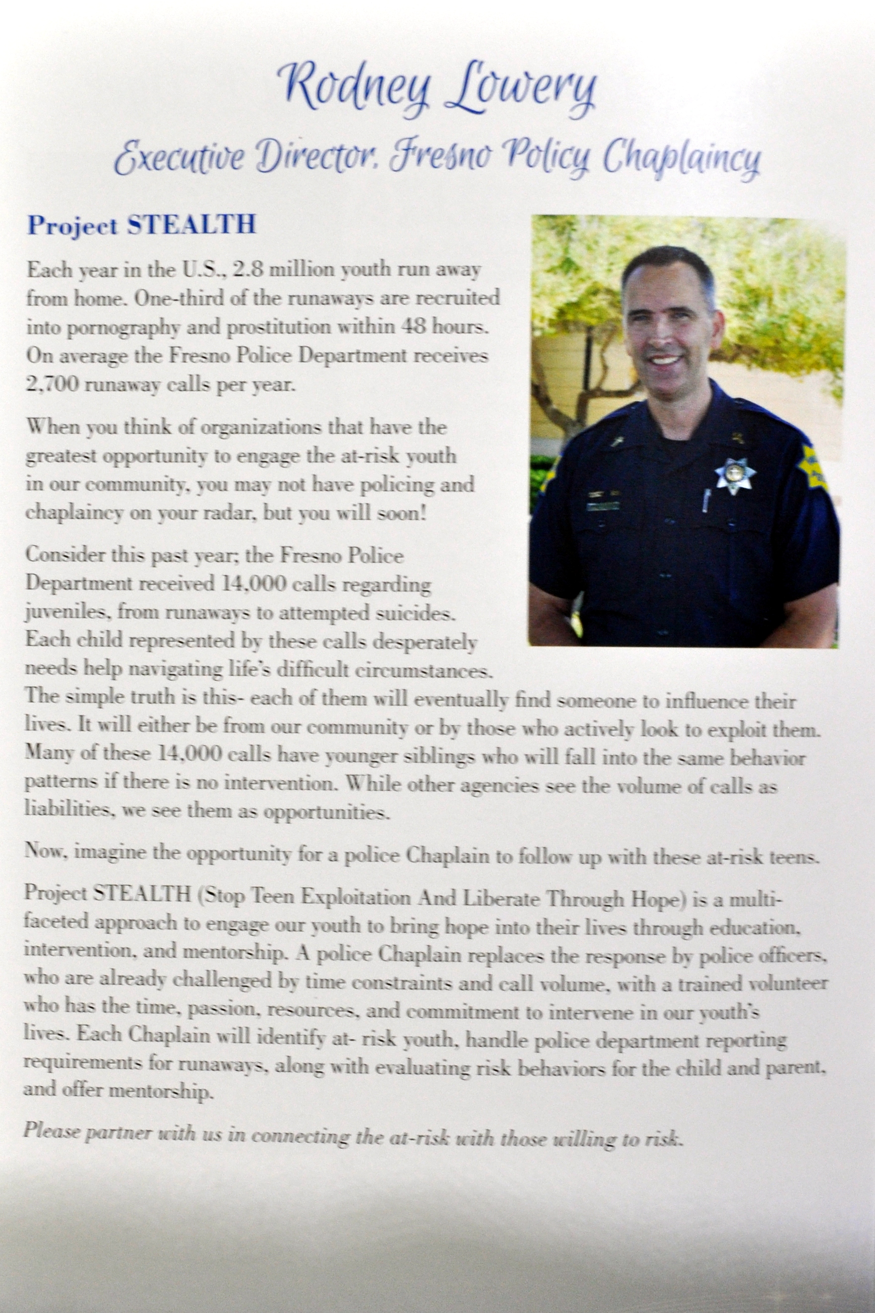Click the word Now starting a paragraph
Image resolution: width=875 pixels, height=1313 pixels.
(x=45, y=853)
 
